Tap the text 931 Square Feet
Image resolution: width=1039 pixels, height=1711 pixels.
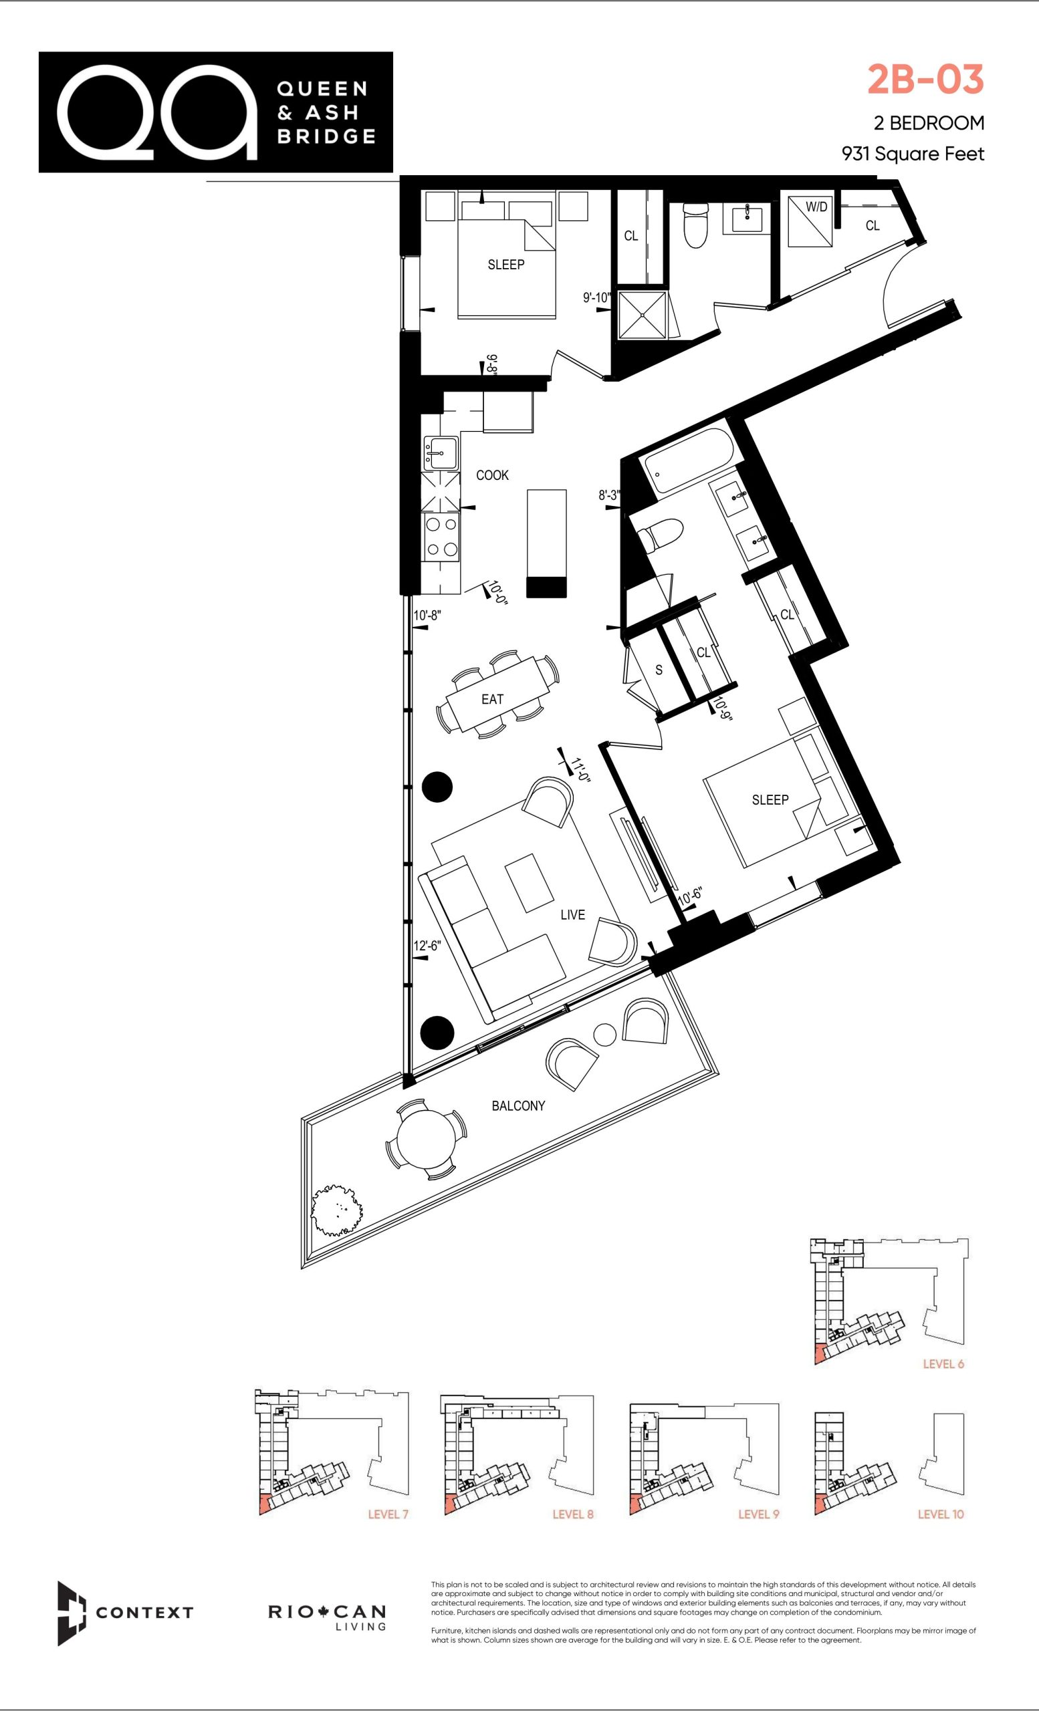913,154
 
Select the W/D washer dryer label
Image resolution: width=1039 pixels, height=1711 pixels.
816,207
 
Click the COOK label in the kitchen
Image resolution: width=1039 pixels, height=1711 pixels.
492,475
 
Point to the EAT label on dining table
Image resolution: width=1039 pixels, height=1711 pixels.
492,699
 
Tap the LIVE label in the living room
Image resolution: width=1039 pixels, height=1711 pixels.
573,914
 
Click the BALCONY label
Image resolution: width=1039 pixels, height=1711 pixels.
518,1105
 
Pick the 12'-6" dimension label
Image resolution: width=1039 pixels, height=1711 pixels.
427,946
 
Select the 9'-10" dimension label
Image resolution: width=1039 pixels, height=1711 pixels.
596,298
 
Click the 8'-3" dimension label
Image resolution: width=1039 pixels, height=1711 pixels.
609,496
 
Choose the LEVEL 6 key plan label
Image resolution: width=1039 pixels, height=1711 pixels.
943,1364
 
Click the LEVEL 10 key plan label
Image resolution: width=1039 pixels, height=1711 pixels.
941,1514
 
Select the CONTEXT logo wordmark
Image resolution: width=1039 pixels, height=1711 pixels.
144,1612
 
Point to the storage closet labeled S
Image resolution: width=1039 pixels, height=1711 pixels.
659,670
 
